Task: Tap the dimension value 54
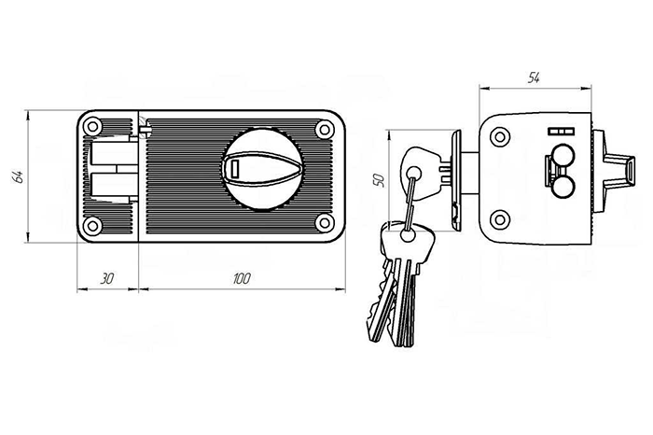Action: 535,78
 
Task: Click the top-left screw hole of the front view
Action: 92,127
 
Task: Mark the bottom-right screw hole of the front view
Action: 324,223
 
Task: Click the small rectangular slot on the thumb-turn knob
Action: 234,169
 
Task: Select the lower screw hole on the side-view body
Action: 500,219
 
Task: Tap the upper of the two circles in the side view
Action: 563,154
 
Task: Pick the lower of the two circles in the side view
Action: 563,189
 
